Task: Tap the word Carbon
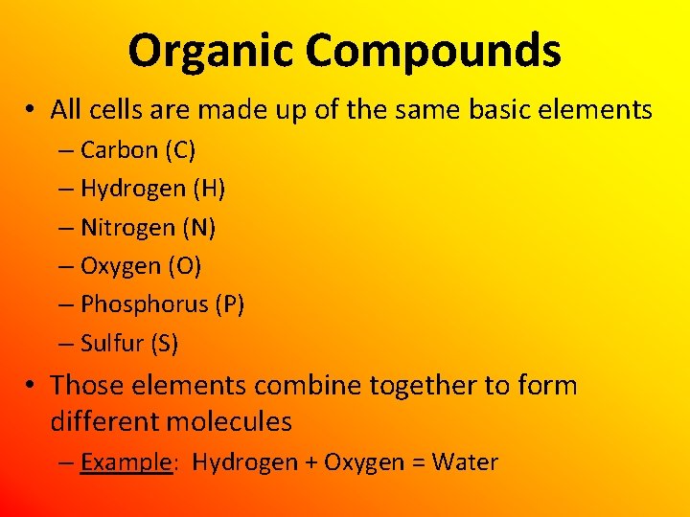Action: [119, 150]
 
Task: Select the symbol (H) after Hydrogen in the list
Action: [209, 189]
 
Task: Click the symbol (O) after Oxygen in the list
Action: [184, 266]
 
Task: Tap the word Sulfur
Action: [110, 343]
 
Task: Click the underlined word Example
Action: [126, 462]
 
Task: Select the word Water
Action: [465, 462]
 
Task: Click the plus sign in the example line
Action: [311, 463]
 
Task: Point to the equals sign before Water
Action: [419, 463]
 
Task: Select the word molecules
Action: [229, 420]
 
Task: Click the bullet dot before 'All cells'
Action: [33, 111]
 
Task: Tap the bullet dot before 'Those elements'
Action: [33, 387]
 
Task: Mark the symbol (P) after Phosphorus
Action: [230, 304]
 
